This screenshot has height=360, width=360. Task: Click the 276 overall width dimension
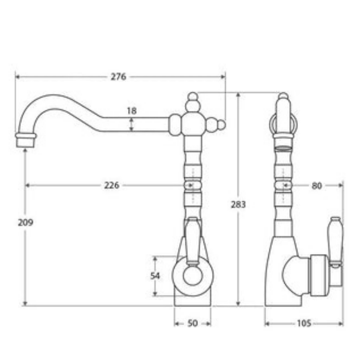[118, 76]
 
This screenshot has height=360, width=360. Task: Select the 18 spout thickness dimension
[132, 111]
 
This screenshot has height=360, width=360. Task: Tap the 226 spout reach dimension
[112, 185]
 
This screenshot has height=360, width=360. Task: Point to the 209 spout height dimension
[25, 222]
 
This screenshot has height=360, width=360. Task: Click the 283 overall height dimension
[238, 205]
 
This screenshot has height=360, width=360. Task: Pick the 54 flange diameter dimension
[156, 276]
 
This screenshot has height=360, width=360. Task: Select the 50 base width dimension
[192, 323]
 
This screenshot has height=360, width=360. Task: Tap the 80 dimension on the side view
[316, 185]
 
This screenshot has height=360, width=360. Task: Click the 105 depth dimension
[304, 323]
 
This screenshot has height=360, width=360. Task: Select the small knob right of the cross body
[221, 125]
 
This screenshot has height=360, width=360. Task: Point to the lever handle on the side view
[335, 240]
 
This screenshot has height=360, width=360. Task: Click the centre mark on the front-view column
[191, 185]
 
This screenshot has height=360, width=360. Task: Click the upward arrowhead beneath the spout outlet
[25, 150]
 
